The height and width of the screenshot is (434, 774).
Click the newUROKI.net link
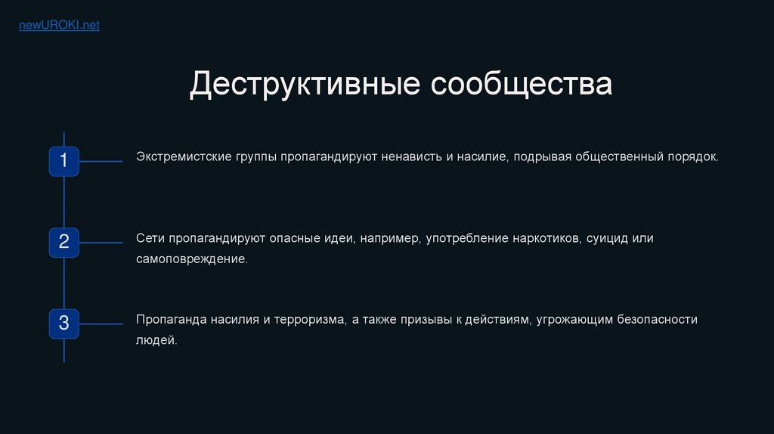(x=59, y=25)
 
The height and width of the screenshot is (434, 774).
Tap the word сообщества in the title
(x=522, y=84)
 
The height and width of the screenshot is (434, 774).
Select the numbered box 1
(x=64, y=161)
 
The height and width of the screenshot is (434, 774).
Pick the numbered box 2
(x=64, y=243)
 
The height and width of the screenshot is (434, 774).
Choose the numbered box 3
(x=64, y=324)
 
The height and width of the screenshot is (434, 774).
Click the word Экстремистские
(x=184, y=157)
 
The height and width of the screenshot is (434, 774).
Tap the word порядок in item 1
(x=693, y=157)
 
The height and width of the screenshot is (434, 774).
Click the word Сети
(x=150, y=238)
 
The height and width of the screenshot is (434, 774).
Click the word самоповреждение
(x=191, y=259)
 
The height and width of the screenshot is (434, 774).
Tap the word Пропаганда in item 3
(x=172, y=320)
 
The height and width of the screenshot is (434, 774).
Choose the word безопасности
(x=657, y=320)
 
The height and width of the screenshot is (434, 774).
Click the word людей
(x=156, y=340)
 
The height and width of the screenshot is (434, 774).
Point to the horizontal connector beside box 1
(x=101, y=161)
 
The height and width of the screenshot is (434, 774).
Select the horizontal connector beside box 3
(x=101, y=324)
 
